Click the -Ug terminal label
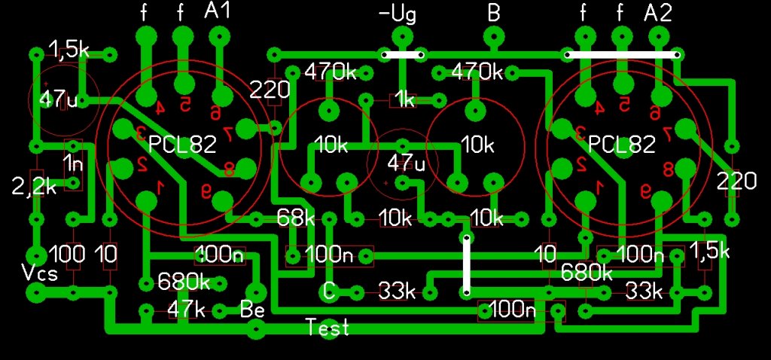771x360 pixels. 398,14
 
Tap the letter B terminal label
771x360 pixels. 494,14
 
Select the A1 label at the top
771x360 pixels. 217,12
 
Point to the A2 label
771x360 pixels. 658,12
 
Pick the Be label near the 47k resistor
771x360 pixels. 251,309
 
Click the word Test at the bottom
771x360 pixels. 328,327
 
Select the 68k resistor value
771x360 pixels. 296,218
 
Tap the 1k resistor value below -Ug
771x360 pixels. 405,100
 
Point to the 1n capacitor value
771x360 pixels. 73,163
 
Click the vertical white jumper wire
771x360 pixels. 466,265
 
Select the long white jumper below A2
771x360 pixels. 622,54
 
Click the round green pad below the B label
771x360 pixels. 493,37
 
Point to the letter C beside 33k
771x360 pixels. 328,290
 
